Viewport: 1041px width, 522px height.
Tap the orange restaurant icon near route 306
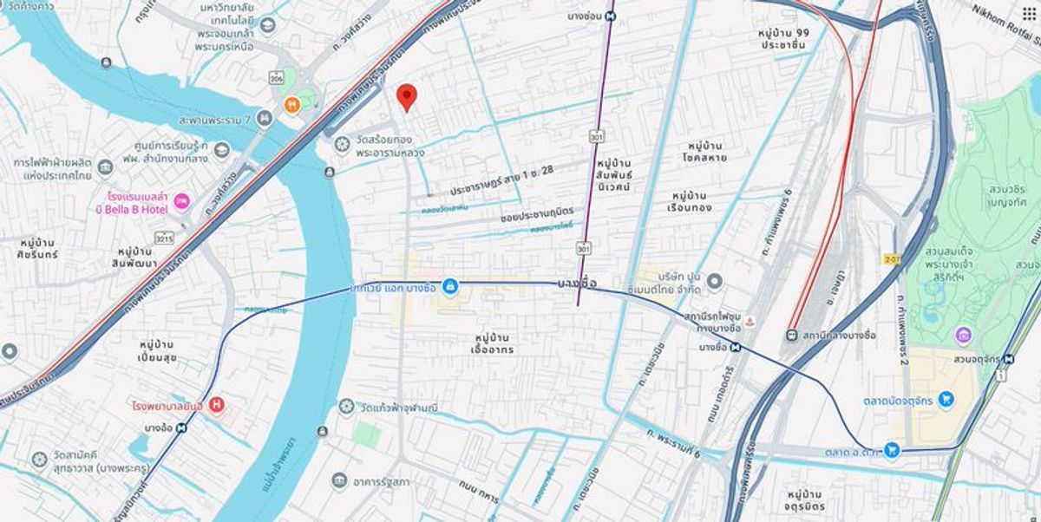click(293, 106)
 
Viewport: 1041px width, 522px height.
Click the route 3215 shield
click(162, 237)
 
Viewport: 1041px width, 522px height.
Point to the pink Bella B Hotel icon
click(183, 202)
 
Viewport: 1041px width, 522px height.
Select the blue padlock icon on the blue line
click(450, 285)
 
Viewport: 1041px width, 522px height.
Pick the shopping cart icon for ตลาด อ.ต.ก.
click(891, 448)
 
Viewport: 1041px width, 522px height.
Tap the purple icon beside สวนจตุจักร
click(962, 335)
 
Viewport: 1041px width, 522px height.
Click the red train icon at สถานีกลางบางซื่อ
click(792, 336)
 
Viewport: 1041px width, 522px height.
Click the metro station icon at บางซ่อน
click(612, 15)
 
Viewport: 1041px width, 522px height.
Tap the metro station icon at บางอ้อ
click(182, 427)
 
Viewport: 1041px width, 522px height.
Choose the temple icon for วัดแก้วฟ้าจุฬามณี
click(346, 407)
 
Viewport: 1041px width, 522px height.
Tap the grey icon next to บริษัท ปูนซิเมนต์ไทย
click(715, 282)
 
